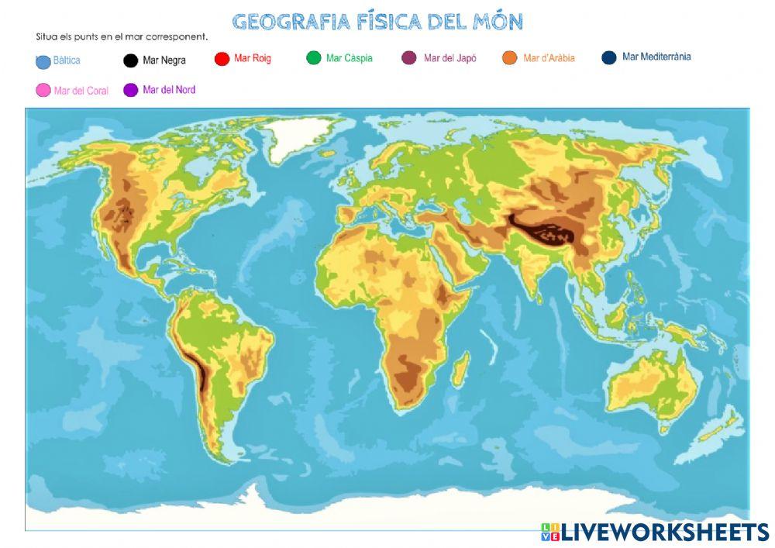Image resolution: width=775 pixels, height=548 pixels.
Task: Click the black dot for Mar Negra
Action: tap(131, 60)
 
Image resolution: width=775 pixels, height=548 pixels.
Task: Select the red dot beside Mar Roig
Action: tap(222, 59)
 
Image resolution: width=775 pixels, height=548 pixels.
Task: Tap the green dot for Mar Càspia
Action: tap(314, 57)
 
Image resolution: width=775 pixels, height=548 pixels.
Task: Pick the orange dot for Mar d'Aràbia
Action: tap(510, 57)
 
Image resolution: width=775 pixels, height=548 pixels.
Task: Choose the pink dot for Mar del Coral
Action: tap(43, 91)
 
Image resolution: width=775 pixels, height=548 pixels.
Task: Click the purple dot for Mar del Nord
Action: tap(130, 90)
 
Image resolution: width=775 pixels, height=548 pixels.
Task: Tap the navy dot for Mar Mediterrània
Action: tap(609, 57)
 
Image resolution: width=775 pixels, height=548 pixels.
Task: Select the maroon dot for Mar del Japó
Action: tap(410, 57)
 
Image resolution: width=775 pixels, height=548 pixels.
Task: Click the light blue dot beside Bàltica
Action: tap(43, 62)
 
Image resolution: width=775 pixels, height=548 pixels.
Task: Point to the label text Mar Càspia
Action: tap(349, 58)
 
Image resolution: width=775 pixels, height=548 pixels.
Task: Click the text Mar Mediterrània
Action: tap(656, 57)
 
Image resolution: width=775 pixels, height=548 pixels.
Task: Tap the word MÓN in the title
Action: tap(498, 22)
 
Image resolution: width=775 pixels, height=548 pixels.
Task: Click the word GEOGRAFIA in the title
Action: tap(291, 22)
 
